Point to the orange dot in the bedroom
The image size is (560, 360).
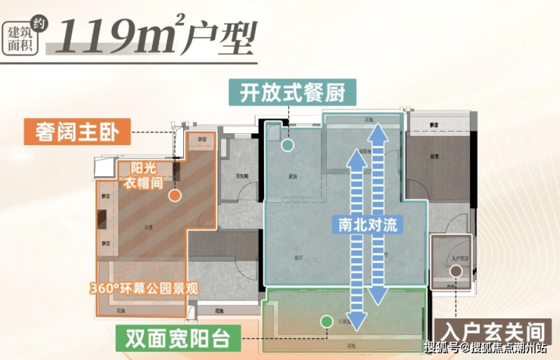174,195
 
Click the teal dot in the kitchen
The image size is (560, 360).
288,144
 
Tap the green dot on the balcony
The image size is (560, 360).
325,321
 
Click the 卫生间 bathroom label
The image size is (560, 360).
242,176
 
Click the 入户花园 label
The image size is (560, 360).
455,259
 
